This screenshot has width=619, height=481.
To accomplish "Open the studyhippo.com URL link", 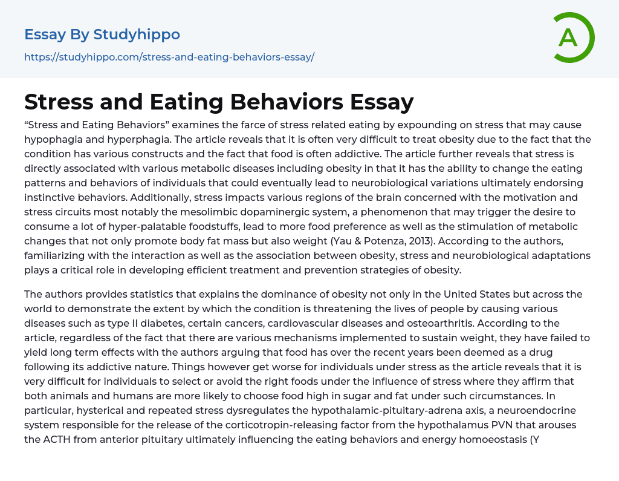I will click(x=169, y=57).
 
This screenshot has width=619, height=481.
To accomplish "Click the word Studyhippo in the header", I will click(x=137, y=34).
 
